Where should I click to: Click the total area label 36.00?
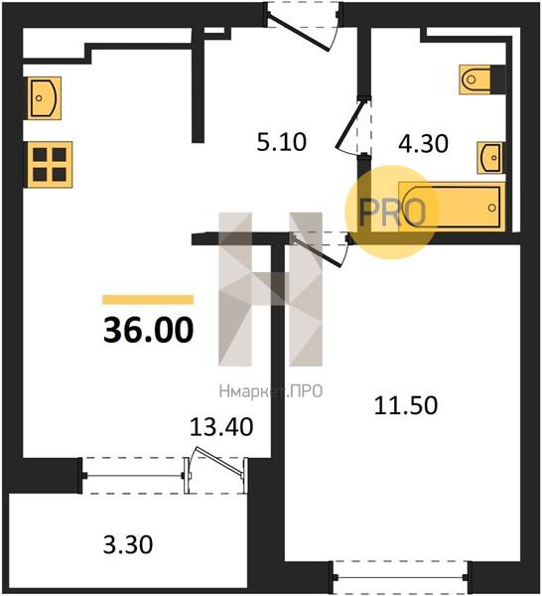point(149,330)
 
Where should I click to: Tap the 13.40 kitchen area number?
point(221,426)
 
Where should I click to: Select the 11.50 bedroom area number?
point(406,405)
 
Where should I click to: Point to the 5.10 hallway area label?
point(282,142)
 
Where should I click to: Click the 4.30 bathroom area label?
point(424,144)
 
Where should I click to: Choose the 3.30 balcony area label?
point(128,544)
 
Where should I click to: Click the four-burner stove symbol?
point(50,165)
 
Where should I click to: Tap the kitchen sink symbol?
point(43,98)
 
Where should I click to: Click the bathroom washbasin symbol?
point(490,157)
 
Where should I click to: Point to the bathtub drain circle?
point(492,208)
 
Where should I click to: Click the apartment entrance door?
point(299,32)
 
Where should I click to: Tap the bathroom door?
point(352,125)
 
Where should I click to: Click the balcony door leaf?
point(217,462)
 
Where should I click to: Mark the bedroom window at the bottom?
point(400,577)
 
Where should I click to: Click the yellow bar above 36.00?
point(148,300)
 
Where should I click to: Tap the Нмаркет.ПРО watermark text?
point(271,391)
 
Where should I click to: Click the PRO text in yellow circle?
point(392,212)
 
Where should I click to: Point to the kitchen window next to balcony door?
point(133,476)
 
